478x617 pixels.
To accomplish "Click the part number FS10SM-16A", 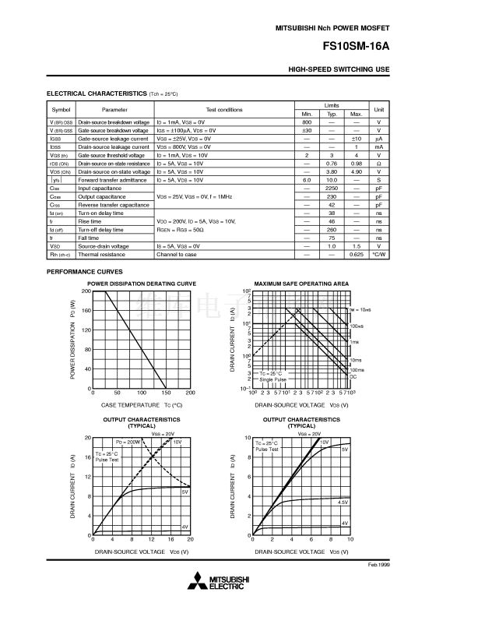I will click(356, 46).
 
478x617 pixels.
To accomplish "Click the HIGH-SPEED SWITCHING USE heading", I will click(339, 70).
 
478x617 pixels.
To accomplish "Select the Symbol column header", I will click(61, 110).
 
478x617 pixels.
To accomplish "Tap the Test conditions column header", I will click(224, 110).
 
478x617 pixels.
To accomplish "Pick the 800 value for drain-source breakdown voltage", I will click(307, 122).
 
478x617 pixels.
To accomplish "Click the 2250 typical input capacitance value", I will click(331, 188).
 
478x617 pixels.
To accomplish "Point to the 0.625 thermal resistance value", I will click(357, 254).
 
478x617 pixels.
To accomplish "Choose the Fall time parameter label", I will click(90, 238).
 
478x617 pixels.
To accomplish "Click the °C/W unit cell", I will click(379, 254).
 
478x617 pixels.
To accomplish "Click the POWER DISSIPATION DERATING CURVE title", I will click(142, 284).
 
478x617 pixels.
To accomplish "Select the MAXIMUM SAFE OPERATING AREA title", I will click(301, 284).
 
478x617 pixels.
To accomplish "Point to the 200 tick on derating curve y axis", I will click(86, 291).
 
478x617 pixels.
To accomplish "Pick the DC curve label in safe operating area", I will click(353, 376).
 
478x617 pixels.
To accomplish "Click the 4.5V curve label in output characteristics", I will click(343, 502).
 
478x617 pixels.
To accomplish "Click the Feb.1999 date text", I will click(378, 562).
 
